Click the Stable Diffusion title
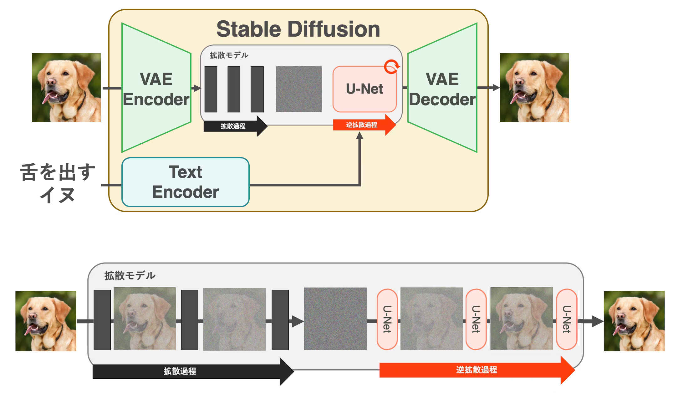[298, 29]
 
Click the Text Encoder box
[185, 182]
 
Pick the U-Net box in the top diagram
[364, 89]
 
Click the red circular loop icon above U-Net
[391, 66]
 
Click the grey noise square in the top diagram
[298, 89]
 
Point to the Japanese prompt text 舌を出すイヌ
[58, 183]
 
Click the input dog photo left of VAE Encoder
[66, 88]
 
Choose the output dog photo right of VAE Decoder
[534, 88]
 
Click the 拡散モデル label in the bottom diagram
[130, 275]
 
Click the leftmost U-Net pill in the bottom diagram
[387, 319]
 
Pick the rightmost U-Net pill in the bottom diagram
[567, 319]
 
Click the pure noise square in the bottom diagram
[335, 319]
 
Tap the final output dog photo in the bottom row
[634, 321]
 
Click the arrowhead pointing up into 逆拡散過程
[360, 136]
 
